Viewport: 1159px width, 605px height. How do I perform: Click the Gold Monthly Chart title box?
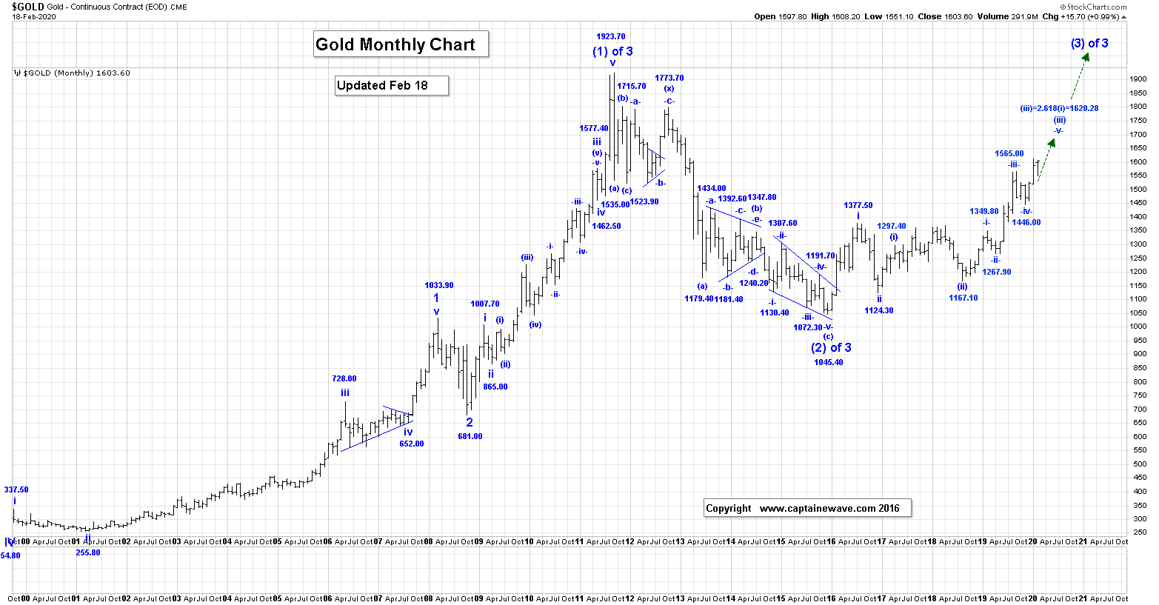pos(401,44)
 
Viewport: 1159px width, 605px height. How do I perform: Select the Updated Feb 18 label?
pos(391,85)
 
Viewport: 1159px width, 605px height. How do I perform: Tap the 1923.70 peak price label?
pos(611,36)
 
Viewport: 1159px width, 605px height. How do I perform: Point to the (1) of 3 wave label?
pos(612,51)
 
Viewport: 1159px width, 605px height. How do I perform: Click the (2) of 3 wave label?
pos(831,347)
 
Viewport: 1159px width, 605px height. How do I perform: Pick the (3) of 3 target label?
pos(1089,43)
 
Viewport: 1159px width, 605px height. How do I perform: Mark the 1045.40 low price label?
pos(828,362)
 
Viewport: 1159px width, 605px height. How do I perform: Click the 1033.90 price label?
pos(439,285)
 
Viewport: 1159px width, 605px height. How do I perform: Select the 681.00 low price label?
pos(470,436)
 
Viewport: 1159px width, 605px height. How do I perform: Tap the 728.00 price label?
pos(344,378)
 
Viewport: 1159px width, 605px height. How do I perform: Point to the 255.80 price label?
pos(88,552)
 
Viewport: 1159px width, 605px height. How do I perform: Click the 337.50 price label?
pos(16,489)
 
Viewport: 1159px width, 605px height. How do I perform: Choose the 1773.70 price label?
pos(669,78)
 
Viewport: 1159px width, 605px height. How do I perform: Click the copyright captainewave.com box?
pos(807,508)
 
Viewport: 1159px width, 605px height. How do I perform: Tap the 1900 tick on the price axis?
pos(1138,79)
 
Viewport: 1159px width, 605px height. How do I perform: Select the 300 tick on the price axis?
pos(1138,519)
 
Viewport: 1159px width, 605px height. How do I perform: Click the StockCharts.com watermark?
pos(1096,7)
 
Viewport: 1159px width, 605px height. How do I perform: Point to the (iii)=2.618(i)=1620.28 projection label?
pos(1059,108)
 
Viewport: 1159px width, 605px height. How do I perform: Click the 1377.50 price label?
pos(858,205)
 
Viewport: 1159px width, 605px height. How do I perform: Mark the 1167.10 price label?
pos(963,298)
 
